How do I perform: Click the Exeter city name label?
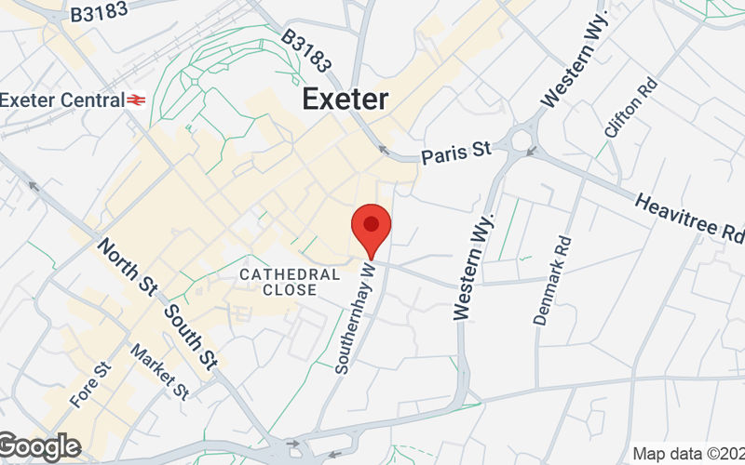[345, 99]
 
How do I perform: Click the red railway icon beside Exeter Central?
[138, 99]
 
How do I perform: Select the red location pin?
[372, 227]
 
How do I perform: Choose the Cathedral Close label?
[278, 282]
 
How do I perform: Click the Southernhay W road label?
[356, 317]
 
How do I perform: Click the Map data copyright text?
[688, 454]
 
